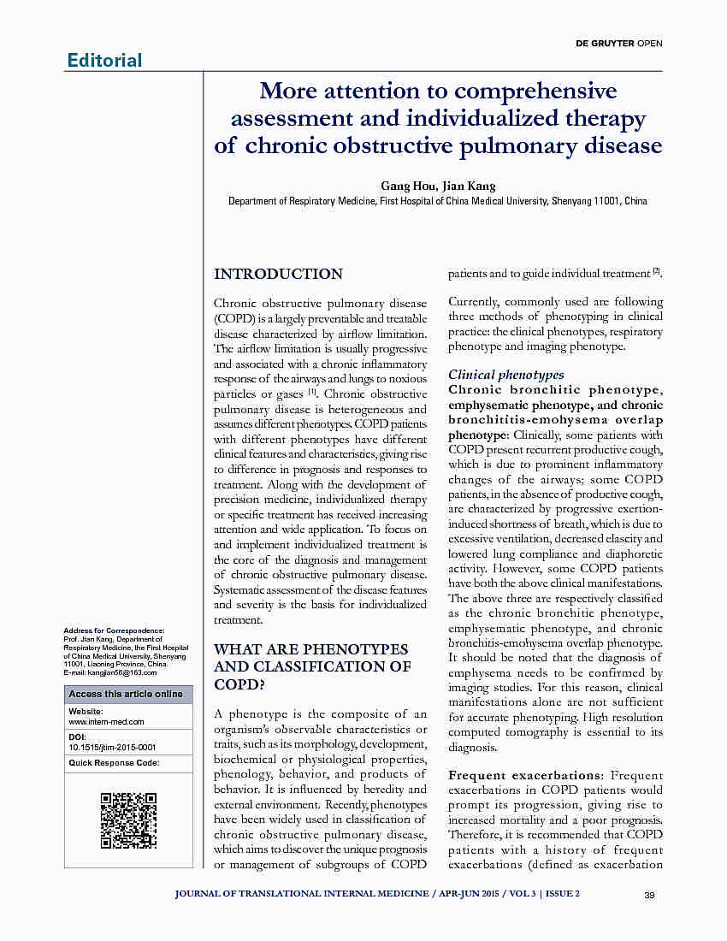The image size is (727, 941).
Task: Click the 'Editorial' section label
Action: click(104, 60)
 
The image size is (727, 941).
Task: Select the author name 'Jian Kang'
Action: click(470, 186)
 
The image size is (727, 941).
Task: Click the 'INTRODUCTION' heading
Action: click(278, 275)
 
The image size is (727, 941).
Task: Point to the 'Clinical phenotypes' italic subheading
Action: click(506, 375)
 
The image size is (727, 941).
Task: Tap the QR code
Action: click(128, 820)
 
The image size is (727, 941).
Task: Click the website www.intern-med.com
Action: click(106, 722)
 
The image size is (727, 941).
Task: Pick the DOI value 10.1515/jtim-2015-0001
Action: click(112, 747)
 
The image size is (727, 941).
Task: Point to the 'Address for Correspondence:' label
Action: click(115, 630)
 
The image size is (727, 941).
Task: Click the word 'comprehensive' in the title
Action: click(535, 91)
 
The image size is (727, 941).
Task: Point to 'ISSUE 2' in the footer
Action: click(563, 895)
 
